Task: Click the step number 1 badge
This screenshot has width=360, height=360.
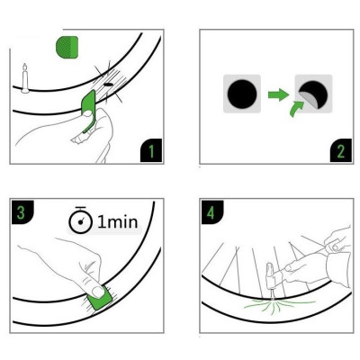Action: click(x=151, y=150)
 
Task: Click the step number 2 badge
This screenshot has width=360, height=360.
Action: click(x=341, y=150)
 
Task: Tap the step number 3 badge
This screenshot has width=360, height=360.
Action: click(x=22, y=212)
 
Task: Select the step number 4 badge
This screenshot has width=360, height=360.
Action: click(x=212, y=212)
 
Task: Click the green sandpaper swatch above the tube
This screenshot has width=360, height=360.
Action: click(x=67, y=47)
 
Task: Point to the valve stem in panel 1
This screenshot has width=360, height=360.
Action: click(x=25, y=78)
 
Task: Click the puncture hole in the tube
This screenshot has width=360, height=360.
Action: click(x=108, y=85)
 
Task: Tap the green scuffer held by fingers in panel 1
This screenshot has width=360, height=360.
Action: click(x=88, y=111)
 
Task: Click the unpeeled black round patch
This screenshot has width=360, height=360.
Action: click(x=242, y=94)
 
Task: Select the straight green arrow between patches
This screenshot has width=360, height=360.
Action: click(x=278, y=94)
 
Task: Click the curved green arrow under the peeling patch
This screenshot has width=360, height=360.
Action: click(x=296, y=109)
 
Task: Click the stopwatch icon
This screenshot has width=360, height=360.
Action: click(x=80, y=220)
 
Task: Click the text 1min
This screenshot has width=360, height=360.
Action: click(x=118, y=222)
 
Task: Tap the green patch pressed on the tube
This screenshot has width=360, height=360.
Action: click(x=99, y=299)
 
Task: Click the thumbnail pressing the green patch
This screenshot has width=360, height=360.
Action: click(x=98, y=292)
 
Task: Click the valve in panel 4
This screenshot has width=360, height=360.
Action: click(x=271, y=280)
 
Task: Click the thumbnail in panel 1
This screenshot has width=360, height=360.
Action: click(x=87, y=113)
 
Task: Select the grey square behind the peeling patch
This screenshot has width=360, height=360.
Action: click(x=313, y=94)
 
